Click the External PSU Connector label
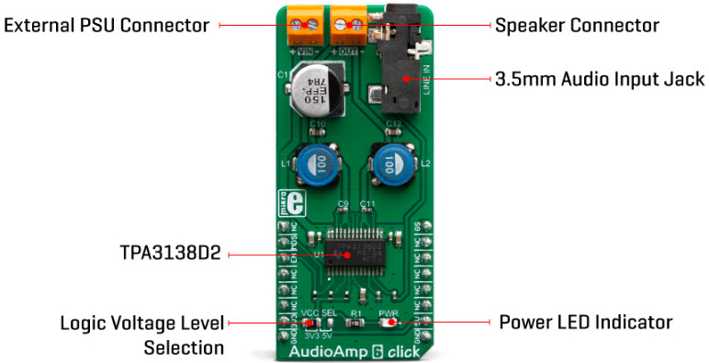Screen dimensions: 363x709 [107, 26]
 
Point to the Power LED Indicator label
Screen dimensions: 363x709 [585, 323]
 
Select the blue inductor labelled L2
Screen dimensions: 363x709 [389, 168]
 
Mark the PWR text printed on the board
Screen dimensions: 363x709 [388, 313]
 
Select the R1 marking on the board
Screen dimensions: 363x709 [354, 313]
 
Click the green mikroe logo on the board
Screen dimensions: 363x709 [285, 203]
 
